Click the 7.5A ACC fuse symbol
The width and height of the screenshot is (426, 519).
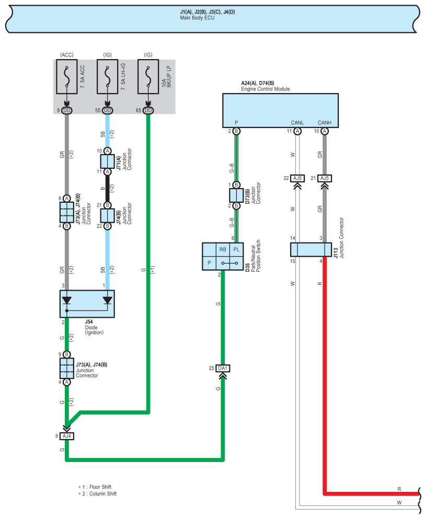click(x=67, y=77)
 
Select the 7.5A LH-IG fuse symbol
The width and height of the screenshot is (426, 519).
click(x=108, y=77)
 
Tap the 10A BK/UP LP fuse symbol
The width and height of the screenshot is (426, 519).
click(x=148, y=77)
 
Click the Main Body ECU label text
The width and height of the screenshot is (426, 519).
click(x=197, y=18)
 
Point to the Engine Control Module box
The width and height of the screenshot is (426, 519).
click(x=280, y=110)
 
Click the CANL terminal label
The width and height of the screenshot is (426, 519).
click(x=297, y=123)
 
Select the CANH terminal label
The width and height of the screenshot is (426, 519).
click(x=325, y=123)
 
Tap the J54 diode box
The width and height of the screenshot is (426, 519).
click(x=87, y=304)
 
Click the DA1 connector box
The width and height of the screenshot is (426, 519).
click(x=223, y=368)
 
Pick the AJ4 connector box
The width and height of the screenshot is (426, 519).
click(x=67, y=436)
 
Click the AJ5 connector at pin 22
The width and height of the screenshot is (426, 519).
click(x=297, y=178)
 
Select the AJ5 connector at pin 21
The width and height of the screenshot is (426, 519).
click(x=325, y=178)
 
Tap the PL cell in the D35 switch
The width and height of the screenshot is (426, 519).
click(x=236, y=250)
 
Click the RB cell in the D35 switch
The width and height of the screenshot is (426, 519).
click(x=223, y=250)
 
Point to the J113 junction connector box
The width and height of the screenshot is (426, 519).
click(x=311, y=250)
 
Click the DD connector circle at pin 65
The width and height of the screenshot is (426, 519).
click(x=148, y=110)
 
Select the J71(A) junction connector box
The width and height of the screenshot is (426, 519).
click(x=108, y=161)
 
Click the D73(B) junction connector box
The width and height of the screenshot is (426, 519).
click(x=236, y=195)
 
